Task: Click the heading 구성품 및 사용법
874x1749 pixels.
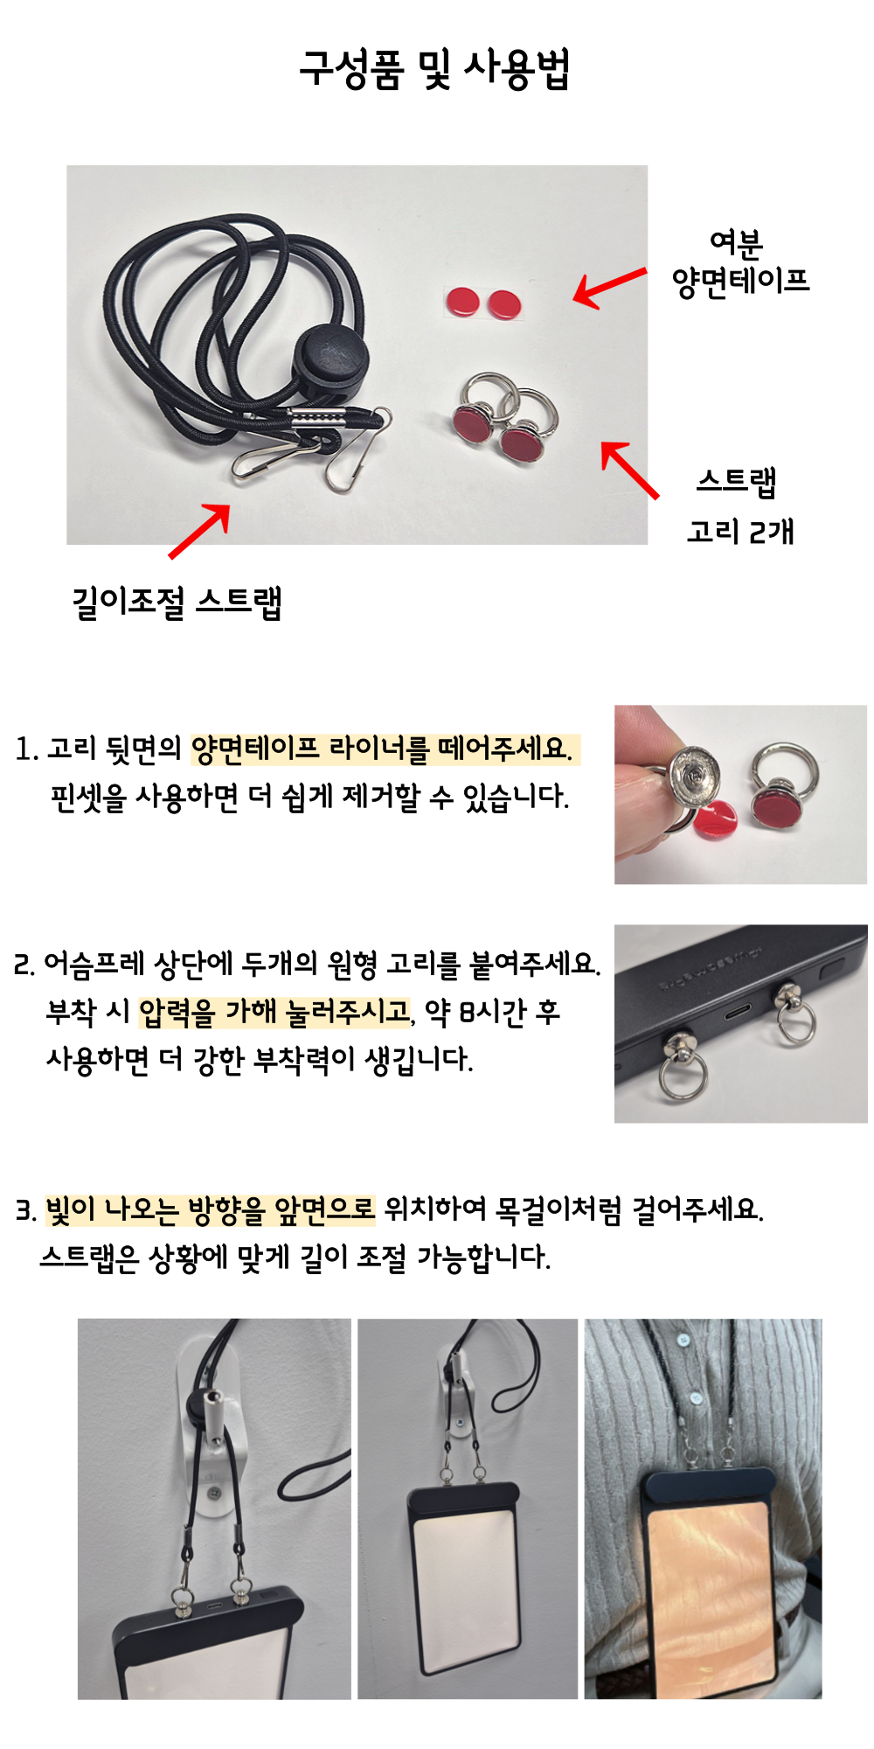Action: (x=434, y=68)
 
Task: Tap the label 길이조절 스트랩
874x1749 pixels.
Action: (x=177, y=602)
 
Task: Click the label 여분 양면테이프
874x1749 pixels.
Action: (x=740, y=263)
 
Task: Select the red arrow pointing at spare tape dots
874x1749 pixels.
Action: (x=610, y=288)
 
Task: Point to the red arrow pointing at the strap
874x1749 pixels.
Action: (x=200, y=531)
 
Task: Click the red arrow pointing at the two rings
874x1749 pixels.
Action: (x=630, y=470)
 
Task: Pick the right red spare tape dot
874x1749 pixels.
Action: (x=503, y=305)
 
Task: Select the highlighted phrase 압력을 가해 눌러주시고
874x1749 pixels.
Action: (x=274, y=1012)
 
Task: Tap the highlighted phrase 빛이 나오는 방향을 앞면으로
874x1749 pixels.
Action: (x=210, y=1209)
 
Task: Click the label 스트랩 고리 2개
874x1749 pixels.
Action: (x=739, y=505)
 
